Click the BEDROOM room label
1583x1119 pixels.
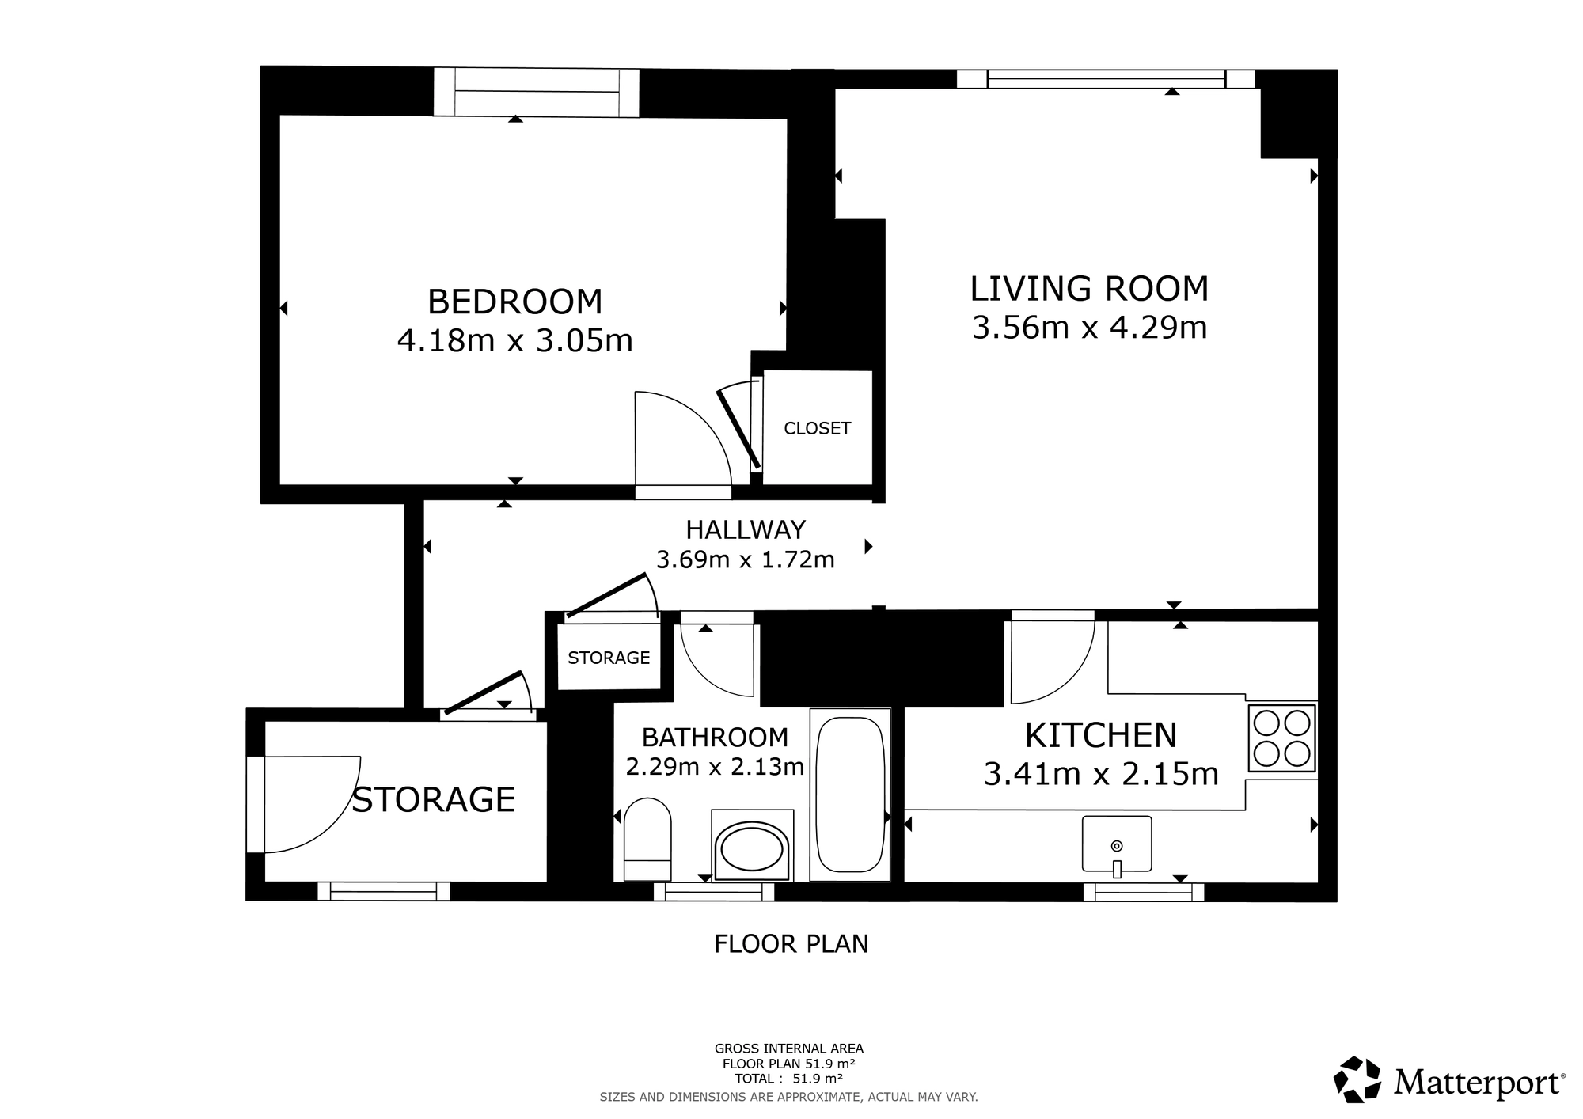tap(514, 302)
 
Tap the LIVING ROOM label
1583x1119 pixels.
tap(1089, 289)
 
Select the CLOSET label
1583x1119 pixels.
tap(817, 428)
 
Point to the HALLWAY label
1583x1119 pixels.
tap(746, 529)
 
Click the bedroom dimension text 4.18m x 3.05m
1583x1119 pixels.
tap(514, 341)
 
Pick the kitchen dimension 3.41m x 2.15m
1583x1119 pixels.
tap(1101, 773)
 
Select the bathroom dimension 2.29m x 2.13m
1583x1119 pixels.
tap(715, 767)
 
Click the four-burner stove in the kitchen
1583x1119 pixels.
tap(1281, 738)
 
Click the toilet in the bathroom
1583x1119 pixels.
tap(647, 840)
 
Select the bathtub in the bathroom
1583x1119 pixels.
tap(850, 795)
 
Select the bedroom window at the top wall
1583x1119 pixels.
tap(536, 93)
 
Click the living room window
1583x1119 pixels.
tap(1106, 79)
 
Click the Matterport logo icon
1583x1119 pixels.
tap(1358, 1079)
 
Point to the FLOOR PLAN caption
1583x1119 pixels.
tap(791, 944)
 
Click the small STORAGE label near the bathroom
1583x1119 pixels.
tap(609, 658)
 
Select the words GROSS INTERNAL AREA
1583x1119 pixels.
tap(789, 1049)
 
